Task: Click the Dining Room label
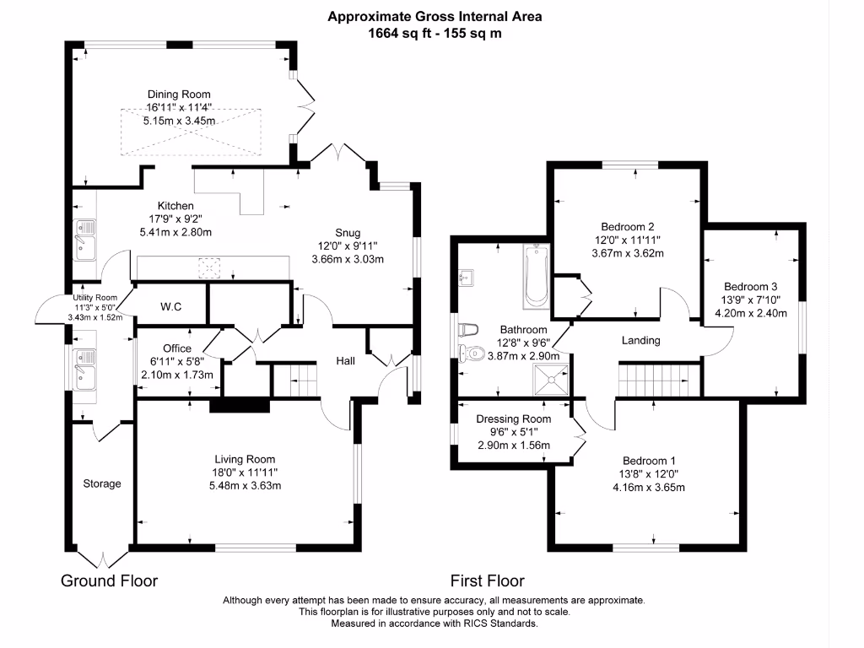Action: (x=179, y=94)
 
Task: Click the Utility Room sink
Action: (x=84, y=364)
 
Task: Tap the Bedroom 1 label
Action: (x=649, y=461)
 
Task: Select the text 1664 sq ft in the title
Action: (x=399, y=34)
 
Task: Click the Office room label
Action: (x=177, y=348)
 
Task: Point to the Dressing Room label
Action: (x=513, y=419)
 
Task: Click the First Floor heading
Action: (x=487, y=581)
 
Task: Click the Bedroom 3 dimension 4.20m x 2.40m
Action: (x=751, y=313)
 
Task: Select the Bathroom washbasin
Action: (x=467, y=276)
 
